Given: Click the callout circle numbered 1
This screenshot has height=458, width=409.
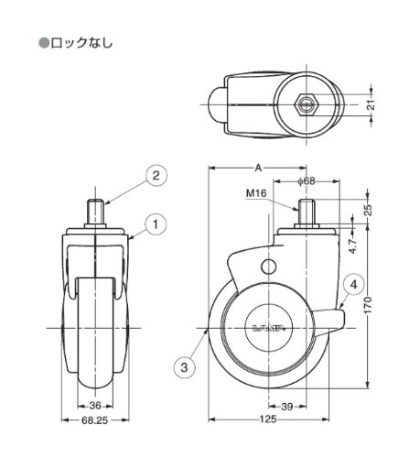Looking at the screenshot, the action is [156, 224].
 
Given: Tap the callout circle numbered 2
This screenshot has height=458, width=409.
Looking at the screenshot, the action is [156, 176].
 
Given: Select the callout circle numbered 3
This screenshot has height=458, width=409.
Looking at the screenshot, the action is [184, 367].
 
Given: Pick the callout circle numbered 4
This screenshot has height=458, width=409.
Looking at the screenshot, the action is [353, 285].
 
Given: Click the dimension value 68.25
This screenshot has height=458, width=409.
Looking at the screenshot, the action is [95, 420].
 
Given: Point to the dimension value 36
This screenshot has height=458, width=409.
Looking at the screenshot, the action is [95, 406].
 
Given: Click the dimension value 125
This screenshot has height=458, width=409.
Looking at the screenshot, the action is [268, 420].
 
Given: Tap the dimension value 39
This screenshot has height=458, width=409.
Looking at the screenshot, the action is [286, 407].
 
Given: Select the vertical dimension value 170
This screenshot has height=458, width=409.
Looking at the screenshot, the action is [368, 305].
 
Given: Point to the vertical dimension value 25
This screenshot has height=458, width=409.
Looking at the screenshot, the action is [369, 210].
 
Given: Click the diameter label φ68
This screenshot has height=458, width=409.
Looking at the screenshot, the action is [306, 181].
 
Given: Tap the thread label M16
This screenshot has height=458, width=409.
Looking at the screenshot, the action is [256, 193].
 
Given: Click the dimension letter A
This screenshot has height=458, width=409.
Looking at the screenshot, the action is [258, 168].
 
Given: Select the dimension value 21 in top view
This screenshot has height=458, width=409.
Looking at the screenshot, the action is [370, 105].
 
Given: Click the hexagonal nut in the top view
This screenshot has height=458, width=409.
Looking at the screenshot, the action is [307, 104].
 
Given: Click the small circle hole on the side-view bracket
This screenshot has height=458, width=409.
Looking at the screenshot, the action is [269, 267].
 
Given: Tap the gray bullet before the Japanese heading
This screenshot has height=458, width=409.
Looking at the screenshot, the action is [43, 43].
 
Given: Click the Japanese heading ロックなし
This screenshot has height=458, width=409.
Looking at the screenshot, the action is [81, 43].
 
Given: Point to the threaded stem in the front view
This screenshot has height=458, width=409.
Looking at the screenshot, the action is [95, 211].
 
